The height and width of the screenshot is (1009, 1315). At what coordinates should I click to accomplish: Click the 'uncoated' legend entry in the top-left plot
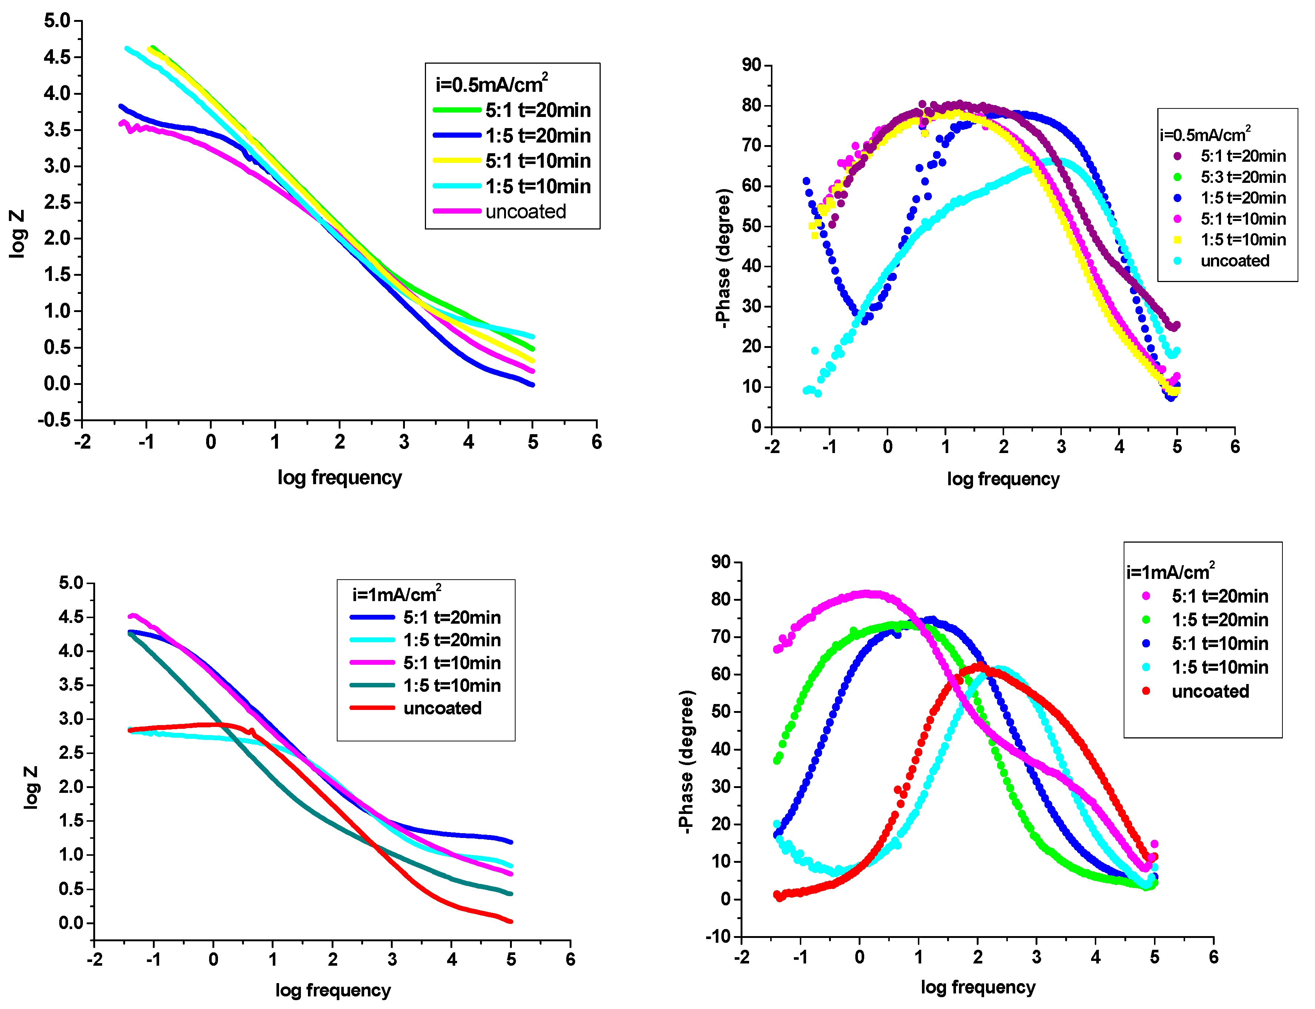point(526,211)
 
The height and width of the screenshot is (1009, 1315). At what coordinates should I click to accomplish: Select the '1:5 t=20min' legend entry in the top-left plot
point(537,136)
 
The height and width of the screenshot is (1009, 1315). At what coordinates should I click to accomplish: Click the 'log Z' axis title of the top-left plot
point(18,234)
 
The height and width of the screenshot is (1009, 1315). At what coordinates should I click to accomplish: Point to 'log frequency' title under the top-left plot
point(339,477)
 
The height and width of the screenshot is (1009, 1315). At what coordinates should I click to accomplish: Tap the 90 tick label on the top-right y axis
point(751,65)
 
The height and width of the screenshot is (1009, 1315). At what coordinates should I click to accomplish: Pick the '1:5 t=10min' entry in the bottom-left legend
point(452,685)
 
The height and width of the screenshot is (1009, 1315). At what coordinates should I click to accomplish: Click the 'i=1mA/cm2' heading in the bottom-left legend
point(397,594)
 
